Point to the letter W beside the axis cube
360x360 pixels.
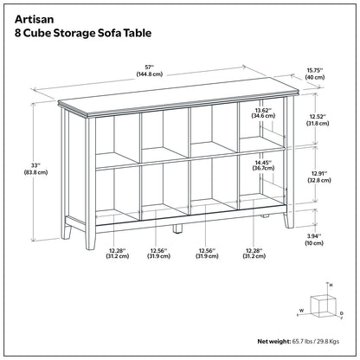(301, 308)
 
